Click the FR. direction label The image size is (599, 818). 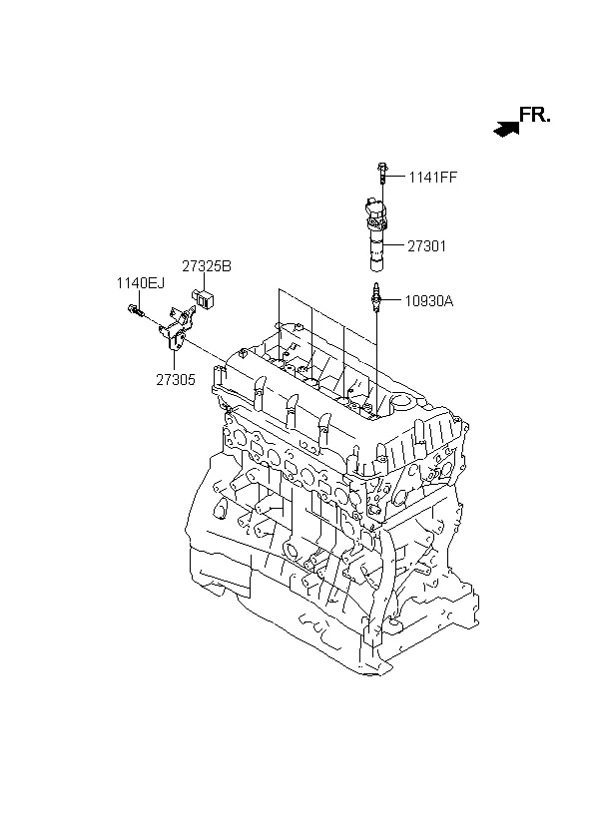(534, 115)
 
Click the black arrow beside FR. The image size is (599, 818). (507, 126)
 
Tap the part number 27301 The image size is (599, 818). (426, 245)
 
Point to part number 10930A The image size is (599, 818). (430, 300)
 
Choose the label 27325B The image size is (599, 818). (206, 266)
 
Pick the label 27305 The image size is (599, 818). (175, 379)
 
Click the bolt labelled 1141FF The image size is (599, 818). (382, 174)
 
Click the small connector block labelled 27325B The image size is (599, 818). (204, 296)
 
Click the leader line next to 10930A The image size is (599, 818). (394, 299)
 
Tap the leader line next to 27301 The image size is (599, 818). (396, 245)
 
